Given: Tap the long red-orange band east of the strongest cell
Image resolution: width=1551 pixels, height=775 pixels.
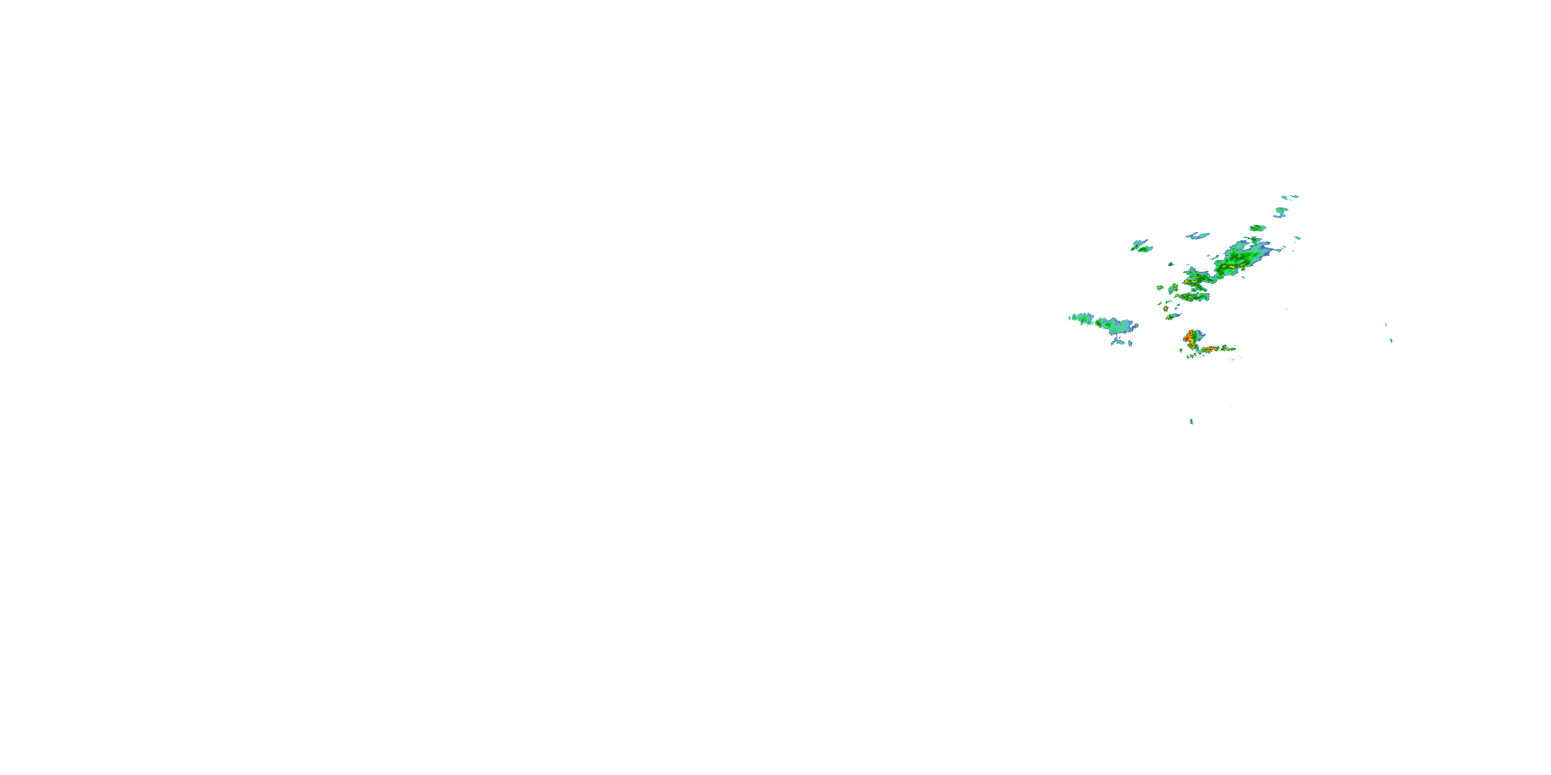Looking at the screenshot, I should [1216, 349].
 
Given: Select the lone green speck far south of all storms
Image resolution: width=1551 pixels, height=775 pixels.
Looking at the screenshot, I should [1192, 421].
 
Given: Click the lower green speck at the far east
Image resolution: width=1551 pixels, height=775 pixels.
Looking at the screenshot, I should [1391, 340].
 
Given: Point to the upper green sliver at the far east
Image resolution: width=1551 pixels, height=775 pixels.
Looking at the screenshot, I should [1386, 325].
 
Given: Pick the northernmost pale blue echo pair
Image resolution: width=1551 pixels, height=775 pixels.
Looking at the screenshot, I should [1290, 197].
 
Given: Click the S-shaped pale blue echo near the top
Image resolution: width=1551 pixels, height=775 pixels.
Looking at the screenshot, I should [1280, 212].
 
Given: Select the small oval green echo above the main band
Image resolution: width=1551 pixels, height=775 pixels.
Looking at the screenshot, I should [1257, 228].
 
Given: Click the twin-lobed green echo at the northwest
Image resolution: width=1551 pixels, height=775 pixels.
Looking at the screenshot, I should [1141, 246].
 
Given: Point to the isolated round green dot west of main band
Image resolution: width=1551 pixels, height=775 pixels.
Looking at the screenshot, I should [1171, 264].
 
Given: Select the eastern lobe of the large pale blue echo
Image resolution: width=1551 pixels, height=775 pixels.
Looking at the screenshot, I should [1117, 326].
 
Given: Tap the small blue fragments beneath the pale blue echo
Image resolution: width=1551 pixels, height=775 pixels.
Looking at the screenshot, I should [1120, 343].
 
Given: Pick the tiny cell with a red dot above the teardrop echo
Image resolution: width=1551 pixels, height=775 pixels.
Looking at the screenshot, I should [1166, 308].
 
